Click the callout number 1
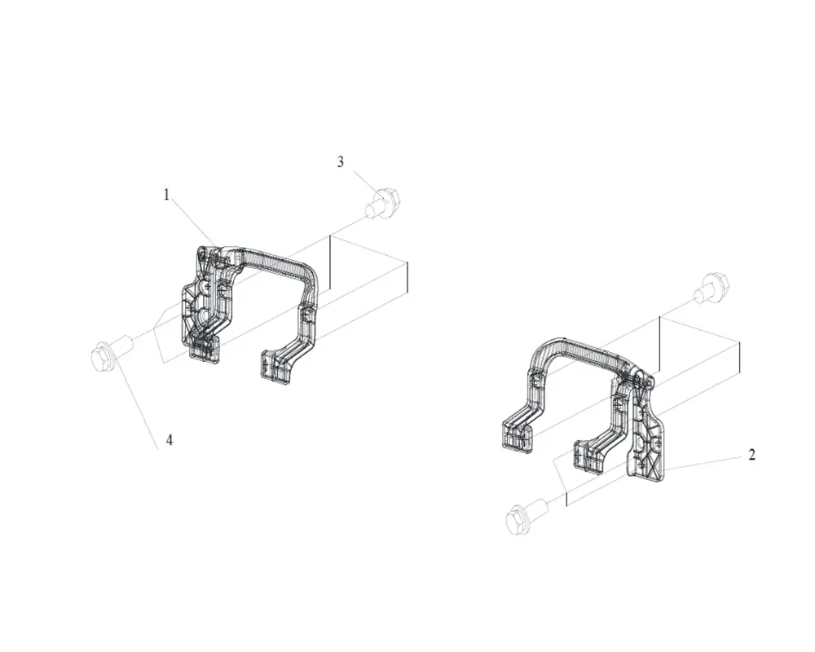click(166, 195)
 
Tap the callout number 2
click(751, 455)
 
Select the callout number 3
click(341, 161)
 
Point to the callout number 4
click(169, 440)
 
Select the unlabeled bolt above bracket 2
click(712, 287)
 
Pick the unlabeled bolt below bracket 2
click(526, 516)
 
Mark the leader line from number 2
click(703, 463)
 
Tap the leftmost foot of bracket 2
click(518, 434)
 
